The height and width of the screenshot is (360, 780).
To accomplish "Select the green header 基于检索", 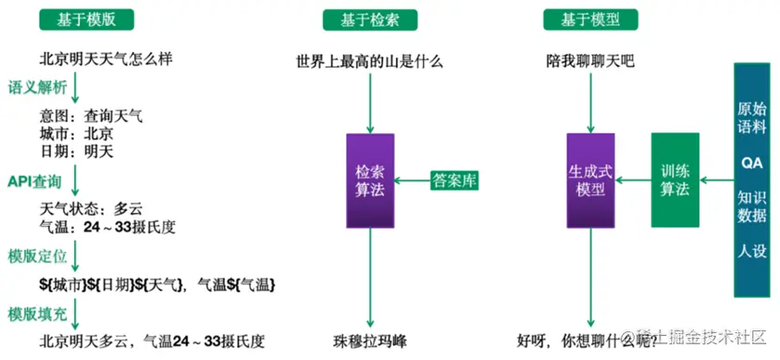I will point(368,19).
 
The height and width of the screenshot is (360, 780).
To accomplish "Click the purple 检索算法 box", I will point(370,180).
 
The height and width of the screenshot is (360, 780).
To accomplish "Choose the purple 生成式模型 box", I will point(591,180).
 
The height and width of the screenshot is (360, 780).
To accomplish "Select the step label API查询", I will point(35,180).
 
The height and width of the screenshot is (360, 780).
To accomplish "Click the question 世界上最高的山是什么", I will point(370,63).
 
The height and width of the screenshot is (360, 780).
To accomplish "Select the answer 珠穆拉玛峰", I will point(370,339).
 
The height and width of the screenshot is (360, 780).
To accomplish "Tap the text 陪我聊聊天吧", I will point(589,63).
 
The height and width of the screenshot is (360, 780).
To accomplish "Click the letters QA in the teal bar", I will point(751,161).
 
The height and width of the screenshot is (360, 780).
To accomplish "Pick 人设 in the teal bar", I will point(751,251).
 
